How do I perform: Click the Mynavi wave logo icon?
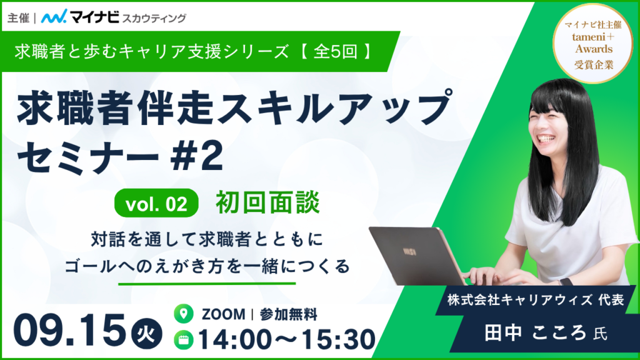54,17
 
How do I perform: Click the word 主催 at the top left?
18,18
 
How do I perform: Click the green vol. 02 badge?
156,203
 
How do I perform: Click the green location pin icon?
184,314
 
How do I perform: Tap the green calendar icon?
184,340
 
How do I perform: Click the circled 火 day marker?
146,335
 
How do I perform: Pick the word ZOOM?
223,314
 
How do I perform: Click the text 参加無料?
288,314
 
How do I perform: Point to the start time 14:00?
236,340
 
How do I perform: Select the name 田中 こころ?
535,333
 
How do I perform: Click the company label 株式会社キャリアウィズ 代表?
536,301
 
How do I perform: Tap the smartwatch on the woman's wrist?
565,282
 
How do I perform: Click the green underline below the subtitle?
207,283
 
